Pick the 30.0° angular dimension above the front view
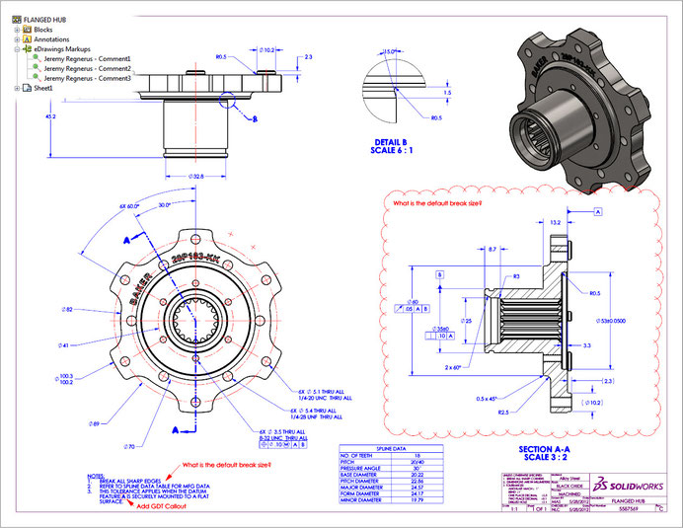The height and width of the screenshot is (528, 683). point(164,205)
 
